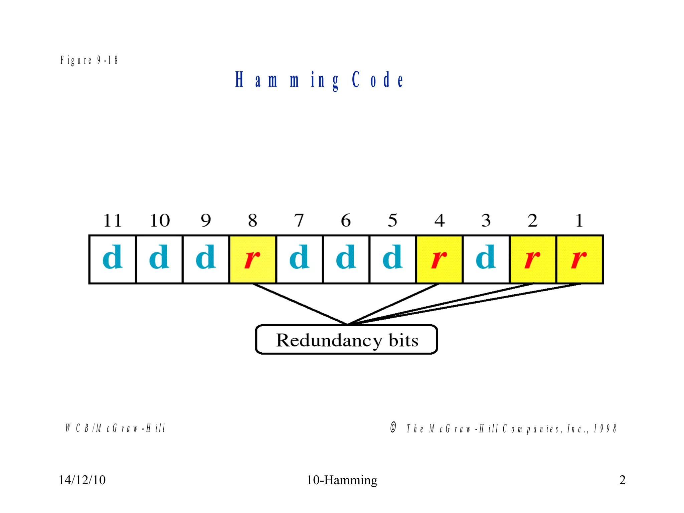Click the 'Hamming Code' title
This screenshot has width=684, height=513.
point(319,80)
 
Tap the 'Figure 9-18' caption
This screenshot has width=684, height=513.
point(89,60)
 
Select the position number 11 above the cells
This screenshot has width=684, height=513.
point(112,220)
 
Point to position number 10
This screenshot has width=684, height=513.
point(159,220)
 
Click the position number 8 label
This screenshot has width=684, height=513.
point(252,220)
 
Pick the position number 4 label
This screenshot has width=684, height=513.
point(439,220)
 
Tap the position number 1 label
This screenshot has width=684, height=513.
point(579,220)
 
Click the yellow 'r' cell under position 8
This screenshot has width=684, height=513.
point(252,259)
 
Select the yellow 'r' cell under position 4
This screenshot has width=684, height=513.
point(439,259)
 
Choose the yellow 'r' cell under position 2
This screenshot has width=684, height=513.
point(533,259)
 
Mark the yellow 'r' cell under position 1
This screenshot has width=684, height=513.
point(579,259)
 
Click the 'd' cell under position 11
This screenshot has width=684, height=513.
point(113,259)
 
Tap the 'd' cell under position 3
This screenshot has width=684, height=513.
point(486,259)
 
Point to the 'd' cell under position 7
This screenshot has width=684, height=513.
point(299,259)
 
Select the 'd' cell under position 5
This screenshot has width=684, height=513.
point(393,259)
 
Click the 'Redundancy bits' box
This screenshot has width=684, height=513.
point(347,340)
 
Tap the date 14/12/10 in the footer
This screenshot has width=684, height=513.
point(82,480)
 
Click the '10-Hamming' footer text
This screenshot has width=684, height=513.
point(342,480)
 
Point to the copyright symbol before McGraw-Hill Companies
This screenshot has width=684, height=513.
point(393,427)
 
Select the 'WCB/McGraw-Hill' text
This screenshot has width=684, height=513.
point(116,428)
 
